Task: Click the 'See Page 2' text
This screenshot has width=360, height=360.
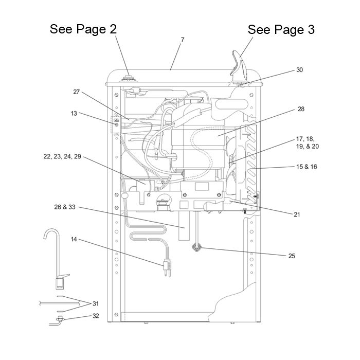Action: coord(83,29)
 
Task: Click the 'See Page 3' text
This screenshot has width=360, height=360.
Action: coord(281,30)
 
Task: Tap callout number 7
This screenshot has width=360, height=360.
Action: coord(182,40)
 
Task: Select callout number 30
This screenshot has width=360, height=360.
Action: coord(299,70)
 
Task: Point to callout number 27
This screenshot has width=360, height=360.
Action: coord(77,92)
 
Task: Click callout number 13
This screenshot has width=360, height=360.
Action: coord(74,113)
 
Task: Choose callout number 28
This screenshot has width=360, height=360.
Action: coord(301,110)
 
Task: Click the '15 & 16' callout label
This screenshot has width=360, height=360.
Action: coord(307,167)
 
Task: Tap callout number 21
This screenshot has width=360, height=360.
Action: coord(297,214)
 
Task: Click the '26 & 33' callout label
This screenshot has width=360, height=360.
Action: coord(65,207)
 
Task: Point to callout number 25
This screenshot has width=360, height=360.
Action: coord(292,256)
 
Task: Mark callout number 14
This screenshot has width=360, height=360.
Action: coord(74,240)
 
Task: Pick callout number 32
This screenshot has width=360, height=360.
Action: coord(95,316)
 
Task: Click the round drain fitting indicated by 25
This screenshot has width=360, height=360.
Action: coord(196,247)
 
